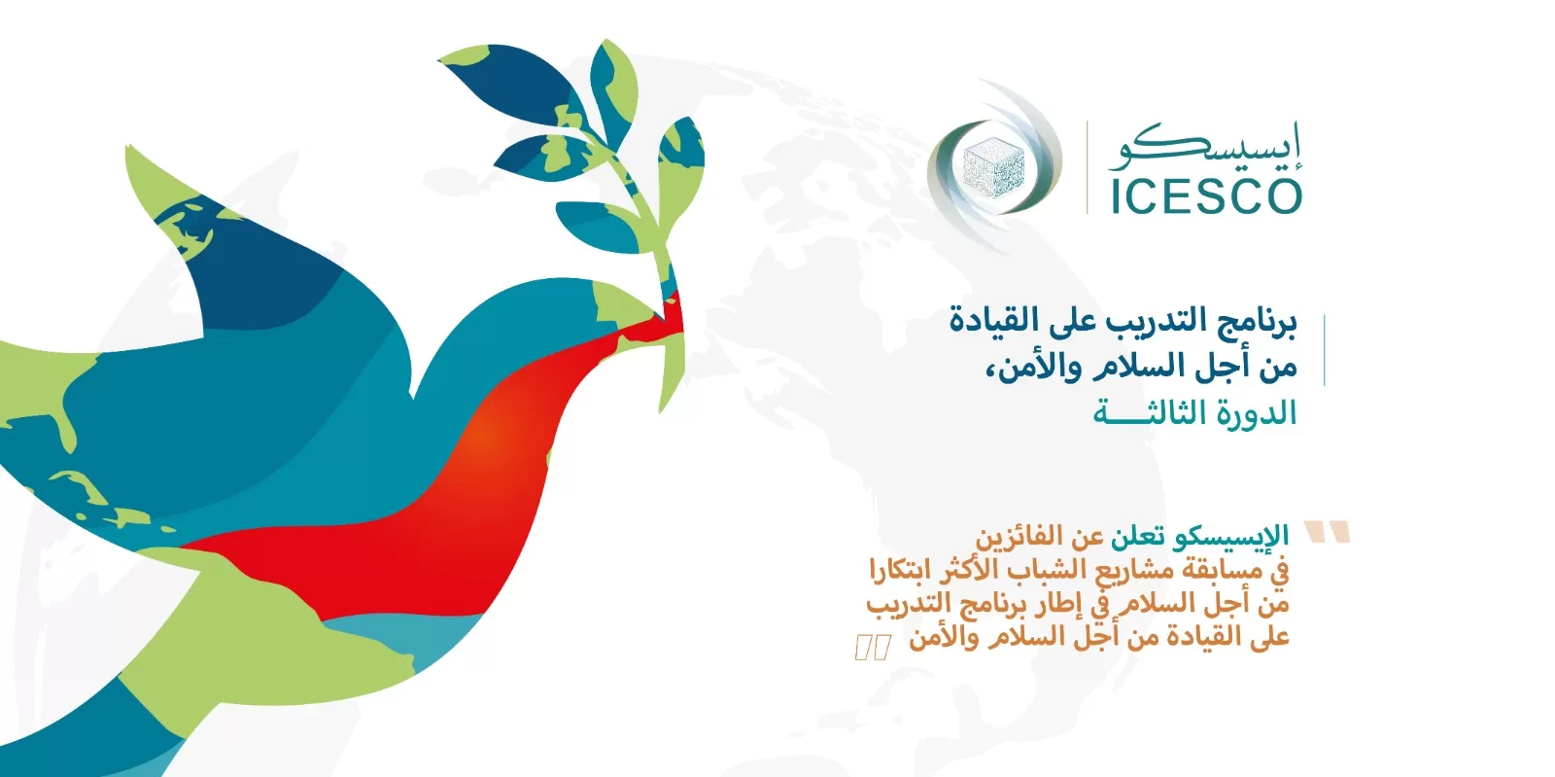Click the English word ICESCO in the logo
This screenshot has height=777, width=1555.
coord(1206,197)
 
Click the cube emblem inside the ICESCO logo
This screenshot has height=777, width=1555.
coord(993,167)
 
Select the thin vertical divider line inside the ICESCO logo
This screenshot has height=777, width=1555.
coord(1088,167)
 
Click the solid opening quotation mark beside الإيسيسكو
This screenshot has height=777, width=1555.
coord(1327,531)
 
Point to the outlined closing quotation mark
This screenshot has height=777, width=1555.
coord(874,647)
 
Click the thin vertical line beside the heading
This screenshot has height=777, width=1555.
coord(1325,350)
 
